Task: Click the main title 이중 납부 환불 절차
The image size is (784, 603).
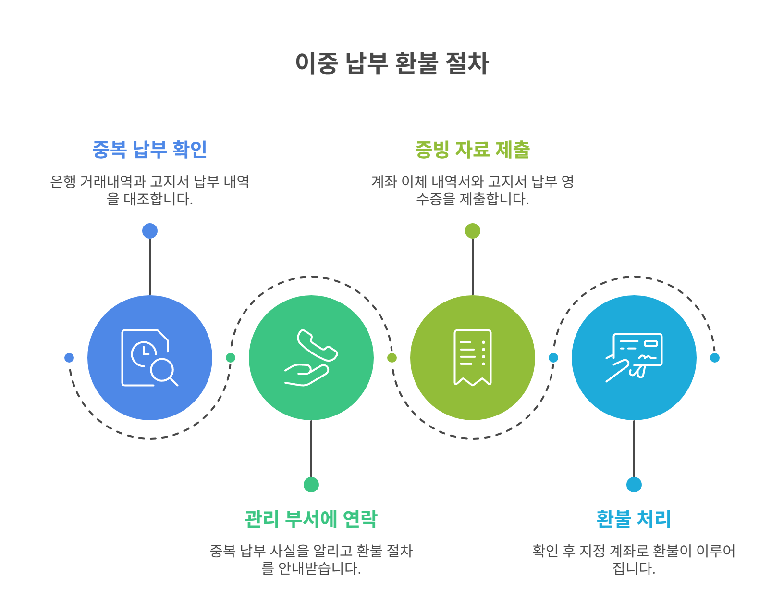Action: [392, 63]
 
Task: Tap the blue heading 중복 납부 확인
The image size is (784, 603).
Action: [149, 150]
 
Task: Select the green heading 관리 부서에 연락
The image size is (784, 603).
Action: [311, 519]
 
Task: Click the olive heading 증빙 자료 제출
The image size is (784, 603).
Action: [472, 150]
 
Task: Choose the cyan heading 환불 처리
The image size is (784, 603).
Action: [634, 519]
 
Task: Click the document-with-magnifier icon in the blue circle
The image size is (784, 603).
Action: [149, 357]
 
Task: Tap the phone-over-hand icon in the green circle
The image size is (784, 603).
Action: [311, 357]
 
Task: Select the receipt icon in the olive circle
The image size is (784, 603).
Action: [472, 357]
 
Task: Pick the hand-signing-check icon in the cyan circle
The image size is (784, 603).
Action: [634, 357]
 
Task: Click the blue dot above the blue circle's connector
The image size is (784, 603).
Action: [150, 231]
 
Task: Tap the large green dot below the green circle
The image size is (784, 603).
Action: [311, 485]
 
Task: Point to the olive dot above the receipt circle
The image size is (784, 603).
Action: [473, 231]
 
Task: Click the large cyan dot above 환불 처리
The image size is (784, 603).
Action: [634, 485]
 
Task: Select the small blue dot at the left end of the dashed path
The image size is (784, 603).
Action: [69, 358]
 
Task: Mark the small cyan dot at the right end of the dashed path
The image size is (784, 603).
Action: [715, 358]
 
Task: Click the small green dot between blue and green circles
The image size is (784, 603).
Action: [231, 358]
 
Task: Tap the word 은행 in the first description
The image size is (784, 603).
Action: [62, 182]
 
